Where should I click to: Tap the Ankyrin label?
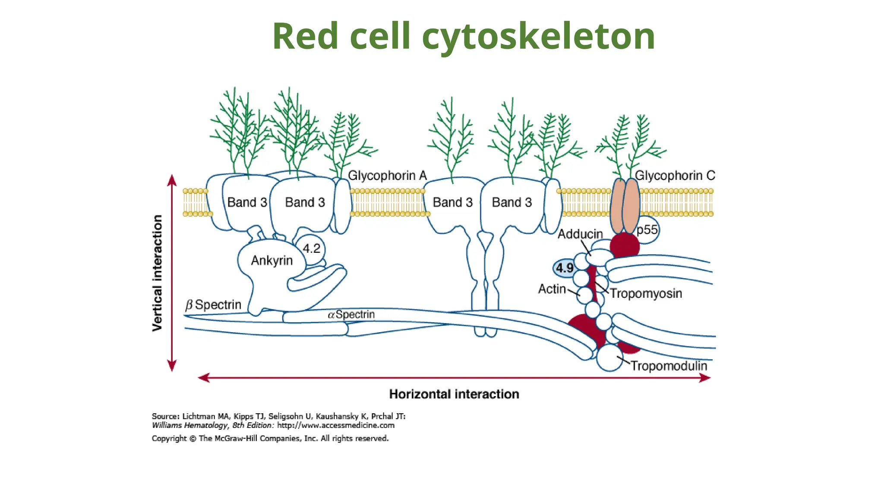[272, 261]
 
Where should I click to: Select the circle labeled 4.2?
[311, 248]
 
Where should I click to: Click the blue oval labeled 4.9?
[564, 268]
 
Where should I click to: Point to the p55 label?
[647, 230]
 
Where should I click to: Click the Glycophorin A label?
[387, 176]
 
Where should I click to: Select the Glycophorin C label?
[675, 176]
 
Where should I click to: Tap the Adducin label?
[580, 234]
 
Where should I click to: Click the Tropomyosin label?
[646, 293]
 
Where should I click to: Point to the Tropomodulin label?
[669, 366]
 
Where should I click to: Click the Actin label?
[552, 289]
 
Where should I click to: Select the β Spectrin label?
[213, 305]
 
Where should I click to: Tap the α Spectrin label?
[351, 315]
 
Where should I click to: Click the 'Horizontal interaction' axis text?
[454, 394]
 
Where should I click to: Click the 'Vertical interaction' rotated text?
[158, 273]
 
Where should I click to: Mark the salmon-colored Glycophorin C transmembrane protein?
[625, 206]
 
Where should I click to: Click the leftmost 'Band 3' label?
[247, 202]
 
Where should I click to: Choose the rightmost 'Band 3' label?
[511, 202]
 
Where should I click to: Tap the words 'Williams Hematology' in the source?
[189, 425]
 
